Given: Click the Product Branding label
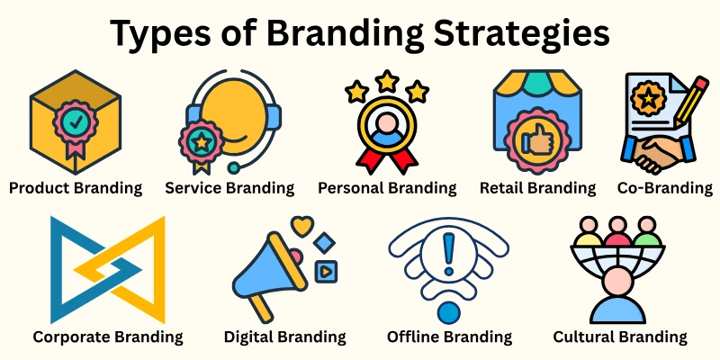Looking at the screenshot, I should [x=75, y=188].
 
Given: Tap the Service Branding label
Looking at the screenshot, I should [x=229, y=188].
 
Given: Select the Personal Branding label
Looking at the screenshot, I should [x=387, y=188].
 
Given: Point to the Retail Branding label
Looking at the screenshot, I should [x=537, y=188].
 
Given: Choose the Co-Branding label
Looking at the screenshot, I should [x=665, y=188].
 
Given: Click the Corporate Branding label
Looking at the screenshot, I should [x=108, y=337].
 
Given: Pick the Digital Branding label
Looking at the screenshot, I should [x=284, y=337].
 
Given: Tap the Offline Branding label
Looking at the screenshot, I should [x=449, y=337].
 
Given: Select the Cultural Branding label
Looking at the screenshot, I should [x=620, y=337].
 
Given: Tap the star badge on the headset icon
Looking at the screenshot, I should [x=202, y=141].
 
